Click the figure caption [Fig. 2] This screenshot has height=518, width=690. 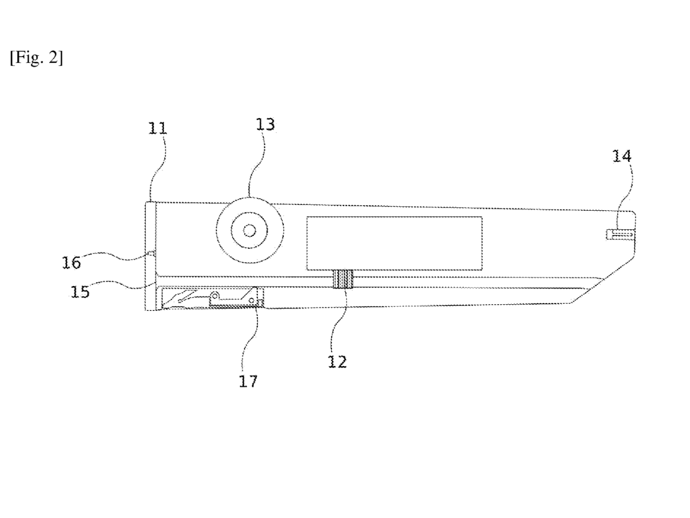(x=36, y=58)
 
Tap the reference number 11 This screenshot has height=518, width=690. (x=157, y=128)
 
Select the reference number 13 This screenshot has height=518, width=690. (x=265, y=125)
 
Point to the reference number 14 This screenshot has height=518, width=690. (x=622, y=156)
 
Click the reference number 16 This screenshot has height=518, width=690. (x=71, y=263)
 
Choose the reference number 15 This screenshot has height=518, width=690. (x=80, y=292)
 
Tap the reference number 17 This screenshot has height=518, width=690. (x=248, y=381)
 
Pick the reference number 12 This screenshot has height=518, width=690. (x=337, y=362)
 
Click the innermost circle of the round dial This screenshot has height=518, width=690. (x=250, y=231)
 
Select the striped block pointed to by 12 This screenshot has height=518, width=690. (x=343, y=279)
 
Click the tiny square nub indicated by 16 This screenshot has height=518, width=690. (x=151, y=253)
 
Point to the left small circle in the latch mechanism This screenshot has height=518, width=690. (x=215, y=296)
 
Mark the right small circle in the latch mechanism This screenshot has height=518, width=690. (x=251, y=301)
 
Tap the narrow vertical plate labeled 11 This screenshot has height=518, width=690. (x=151, y=256)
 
